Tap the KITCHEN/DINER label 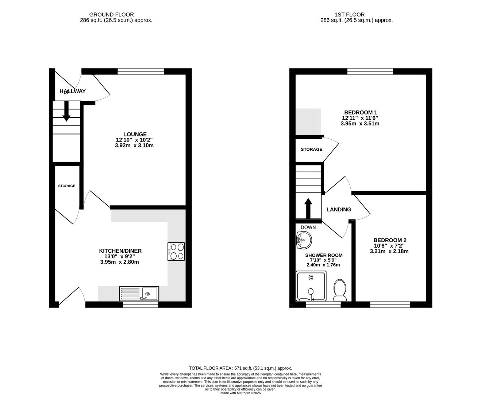(x=120, y=251)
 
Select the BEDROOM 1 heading (x=361, y=112)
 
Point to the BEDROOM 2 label (x=390, y=240)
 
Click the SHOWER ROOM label (x=324, y=255)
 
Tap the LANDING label (x=339, y=210)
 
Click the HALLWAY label (x=73, y=91)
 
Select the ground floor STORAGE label (x=67, y=186)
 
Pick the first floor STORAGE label (x=311, y=149)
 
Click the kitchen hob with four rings (x=176, y=251)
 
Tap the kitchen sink (x=139, y=294)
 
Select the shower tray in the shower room (x=311, y=286)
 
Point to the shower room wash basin (x=304, y=240)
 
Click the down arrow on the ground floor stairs (x=66, y=111)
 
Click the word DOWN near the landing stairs (x=308, y=227)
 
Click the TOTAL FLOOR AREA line (x=240, y=368)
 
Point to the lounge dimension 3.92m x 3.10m (x=134, y=145)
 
